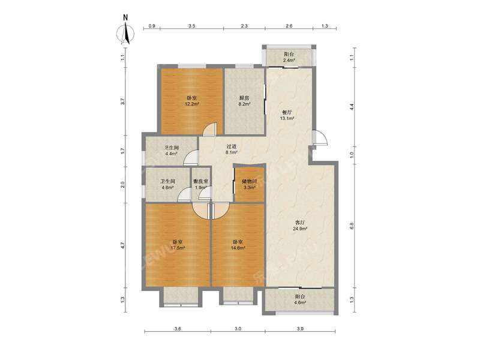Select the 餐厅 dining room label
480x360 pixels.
click(287, 112)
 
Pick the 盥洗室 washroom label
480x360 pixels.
click(200, 181)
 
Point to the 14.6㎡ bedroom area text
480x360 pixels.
click(237, 248)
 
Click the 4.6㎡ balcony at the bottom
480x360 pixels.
click(300, 304)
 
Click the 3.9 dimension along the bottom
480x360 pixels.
click(301, 329)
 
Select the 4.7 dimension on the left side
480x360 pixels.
click(122, 245)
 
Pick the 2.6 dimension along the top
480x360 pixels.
click(289, 26)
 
